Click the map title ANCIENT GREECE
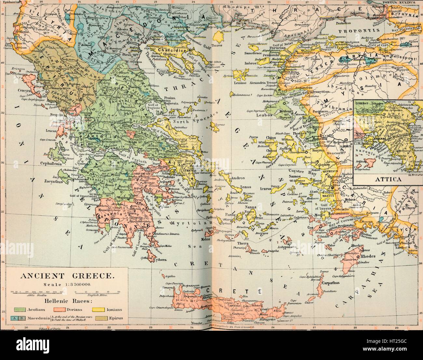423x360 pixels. pos(67,276)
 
